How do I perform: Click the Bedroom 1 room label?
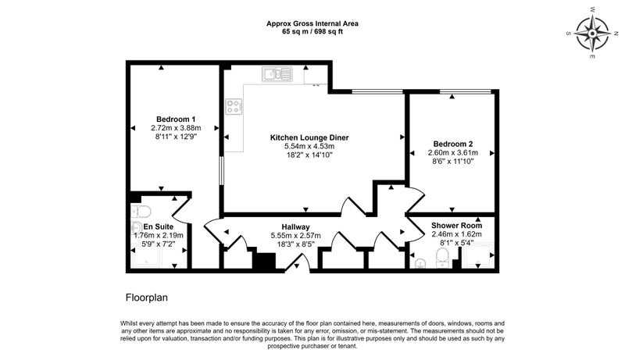176,119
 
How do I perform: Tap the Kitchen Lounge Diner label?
309,137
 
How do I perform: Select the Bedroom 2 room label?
453,144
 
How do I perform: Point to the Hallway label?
295,227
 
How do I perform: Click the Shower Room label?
456,226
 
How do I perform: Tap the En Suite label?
159,226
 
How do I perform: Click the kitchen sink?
277,74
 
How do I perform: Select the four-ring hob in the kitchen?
234,106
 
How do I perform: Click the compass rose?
593,34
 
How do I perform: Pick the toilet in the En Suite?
140,210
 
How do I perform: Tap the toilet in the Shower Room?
442,257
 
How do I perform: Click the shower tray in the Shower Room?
477,255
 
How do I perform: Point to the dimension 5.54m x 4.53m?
309,146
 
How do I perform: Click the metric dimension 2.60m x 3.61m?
453,152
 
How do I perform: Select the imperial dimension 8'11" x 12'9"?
176,137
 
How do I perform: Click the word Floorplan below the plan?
147,298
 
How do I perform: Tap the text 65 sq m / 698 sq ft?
312,32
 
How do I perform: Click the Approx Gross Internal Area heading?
312,23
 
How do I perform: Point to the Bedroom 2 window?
465,92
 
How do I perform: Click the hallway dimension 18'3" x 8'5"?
295,244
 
